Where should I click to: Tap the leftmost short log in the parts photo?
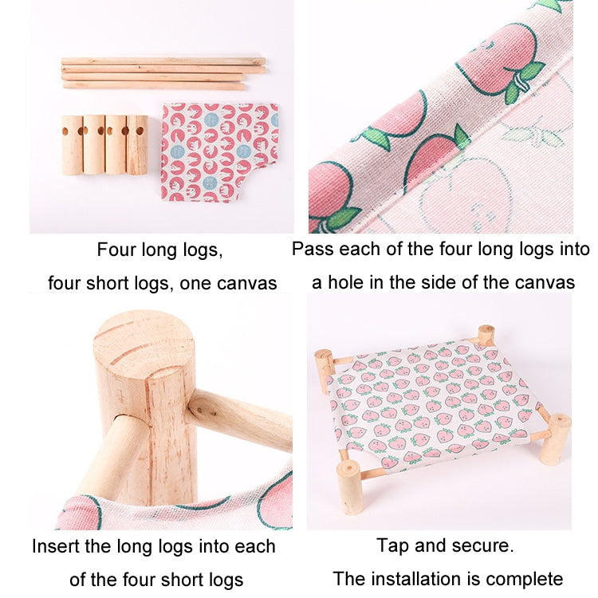click(73, 146)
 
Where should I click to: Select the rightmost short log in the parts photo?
click(137, 146)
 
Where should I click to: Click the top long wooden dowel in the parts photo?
click(163, 61)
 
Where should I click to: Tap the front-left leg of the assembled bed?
click(349, 486)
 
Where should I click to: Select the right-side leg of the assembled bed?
click(555, 438)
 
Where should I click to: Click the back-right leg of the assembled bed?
click(486, 336)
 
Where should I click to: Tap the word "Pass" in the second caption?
click(311, 249)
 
